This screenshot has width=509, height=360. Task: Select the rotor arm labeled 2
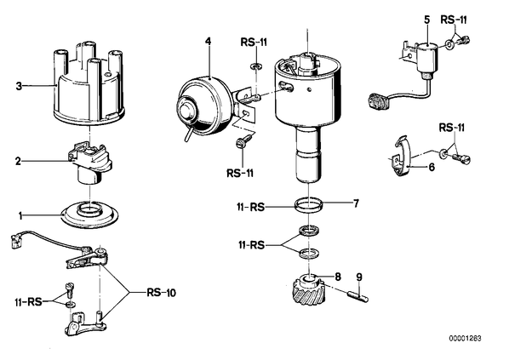[x=89, y=162]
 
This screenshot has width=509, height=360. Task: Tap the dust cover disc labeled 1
[x=89, y=215]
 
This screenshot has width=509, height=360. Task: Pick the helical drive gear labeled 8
[x=307, y=289]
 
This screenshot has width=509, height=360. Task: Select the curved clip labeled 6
[x=401, y=156]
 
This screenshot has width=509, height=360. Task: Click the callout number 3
[x=20, y=86]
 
